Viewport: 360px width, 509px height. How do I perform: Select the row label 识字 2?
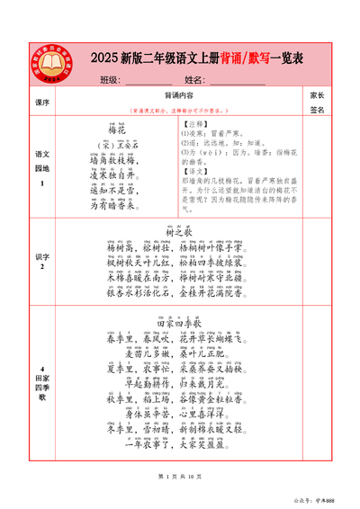[x=42, y=262]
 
